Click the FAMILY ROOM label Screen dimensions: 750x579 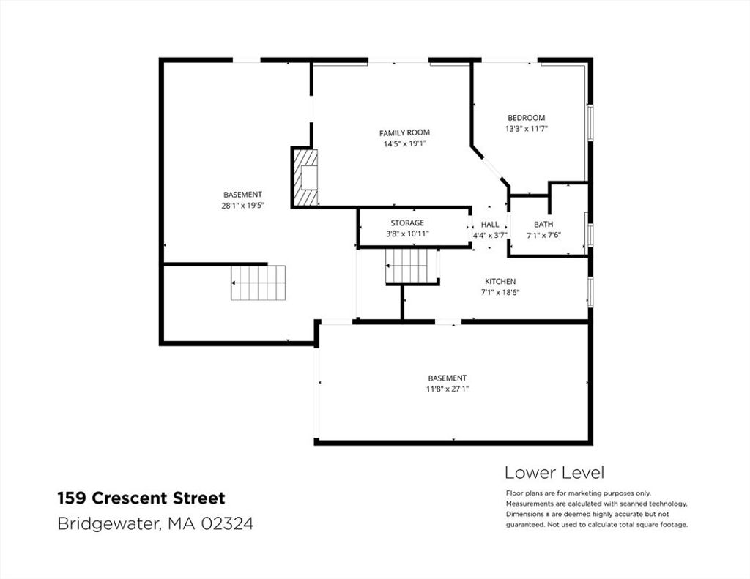tap(404, 132)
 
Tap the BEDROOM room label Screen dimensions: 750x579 tap(526, 118)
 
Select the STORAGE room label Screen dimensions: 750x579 tap(407, 223)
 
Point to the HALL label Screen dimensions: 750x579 tap(490, 224)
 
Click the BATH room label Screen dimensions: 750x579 tap(543, 224)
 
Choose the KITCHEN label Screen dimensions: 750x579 tap(500, 282)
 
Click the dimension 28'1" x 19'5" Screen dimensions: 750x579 tap(243, 206)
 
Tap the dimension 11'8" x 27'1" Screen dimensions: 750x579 tap(448, 389)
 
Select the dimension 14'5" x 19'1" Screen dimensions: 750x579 tap(404, 143)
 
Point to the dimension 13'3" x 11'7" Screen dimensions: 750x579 tap(526, 129)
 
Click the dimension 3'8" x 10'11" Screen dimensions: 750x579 tap(407, 234)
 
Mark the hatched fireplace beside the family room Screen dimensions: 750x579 tap(305, 177)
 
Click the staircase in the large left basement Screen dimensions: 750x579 tap(259, 283)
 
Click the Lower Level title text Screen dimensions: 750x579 tap(554, 472)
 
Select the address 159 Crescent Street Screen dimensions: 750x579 tap(141, 498)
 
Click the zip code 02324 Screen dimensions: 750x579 tap(227, 523)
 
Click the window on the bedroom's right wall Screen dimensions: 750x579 tap(590, 123)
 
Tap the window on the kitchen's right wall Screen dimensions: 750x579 tap(590, 291)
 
